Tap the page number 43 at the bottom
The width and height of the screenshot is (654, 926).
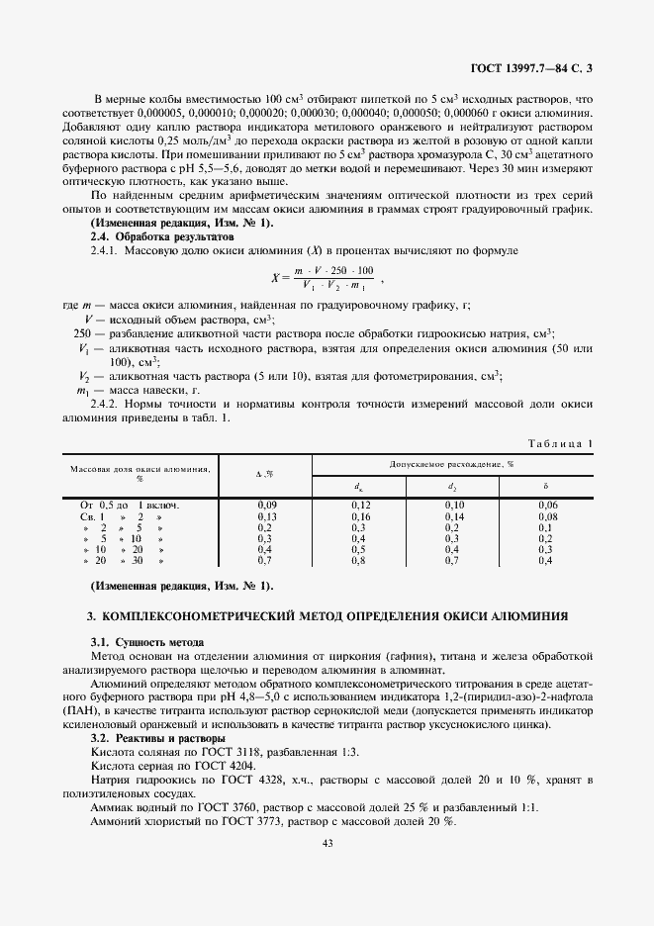(x=327, y=843)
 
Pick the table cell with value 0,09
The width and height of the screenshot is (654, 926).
(x=266, y=505)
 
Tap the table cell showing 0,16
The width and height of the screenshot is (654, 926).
(x=359, y=516)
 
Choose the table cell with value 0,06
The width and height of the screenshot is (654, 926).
(x=548, y=505)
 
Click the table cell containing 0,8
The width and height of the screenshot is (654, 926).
(x=359, y=560)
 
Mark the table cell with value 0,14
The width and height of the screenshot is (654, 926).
(x=454, y=516)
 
